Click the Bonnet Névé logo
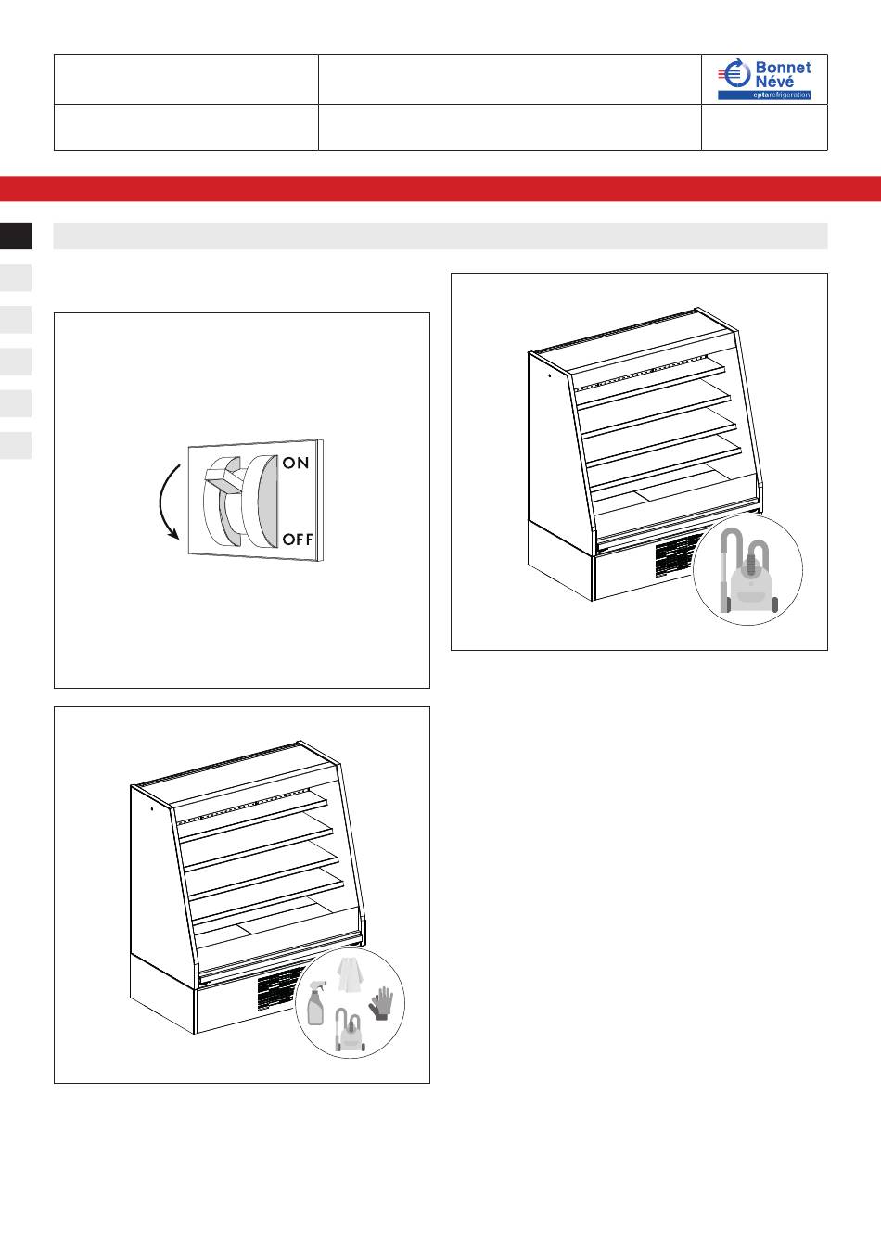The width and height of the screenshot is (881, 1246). pos(764,79)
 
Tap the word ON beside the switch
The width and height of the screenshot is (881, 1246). pos(296,463)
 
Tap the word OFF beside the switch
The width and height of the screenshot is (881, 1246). pos(298,539)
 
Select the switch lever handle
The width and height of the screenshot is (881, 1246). pos(223,479)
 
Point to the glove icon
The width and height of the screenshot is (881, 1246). pos(381,1003)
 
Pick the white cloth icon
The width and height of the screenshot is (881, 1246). pos(350,974)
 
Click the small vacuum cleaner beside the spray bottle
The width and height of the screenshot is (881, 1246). pos(350,1030)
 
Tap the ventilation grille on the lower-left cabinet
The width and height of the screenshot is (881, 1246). pos(278,991)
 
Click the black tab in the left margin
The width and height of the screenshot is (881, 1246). pos(16,235)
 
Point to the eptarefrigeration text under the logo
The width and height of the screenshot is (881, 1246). pos(782,95)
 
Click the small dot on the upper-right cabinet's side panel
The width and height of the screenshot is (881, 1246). pos(549,375)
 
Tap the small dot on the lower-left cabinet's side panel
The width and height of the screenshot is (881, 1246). pos(152,808)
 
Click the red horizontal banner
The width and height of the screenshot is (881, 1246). pos(440,188)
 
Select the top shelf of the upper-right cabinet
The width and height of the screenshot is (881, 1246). pos(650,374)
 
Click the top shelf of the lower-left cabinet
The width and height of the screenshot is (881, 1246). pos(252,807)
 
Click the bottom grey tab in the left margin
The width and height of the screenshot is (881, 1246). pos(16,446)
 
